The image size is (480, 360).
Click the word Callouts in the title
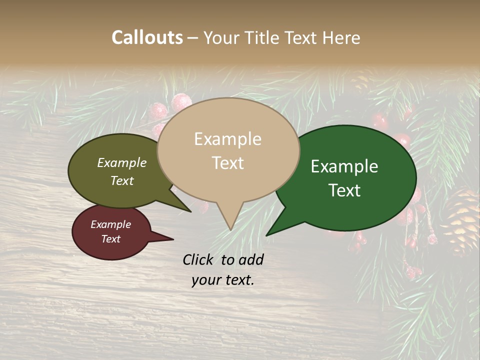click(147, 37)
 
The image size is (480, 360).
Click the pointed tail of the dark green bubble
click(268, 234)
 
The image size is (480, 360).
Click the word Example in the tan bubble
click(227, 139)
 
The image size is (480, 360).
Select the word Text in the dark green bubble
click(344, 190)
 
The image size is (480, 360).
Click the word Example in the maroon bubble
click(110, 224)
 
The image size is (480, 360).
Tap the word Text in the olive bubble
click(121, 180)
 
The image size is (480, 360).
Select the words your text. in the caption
click(222, 280)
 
